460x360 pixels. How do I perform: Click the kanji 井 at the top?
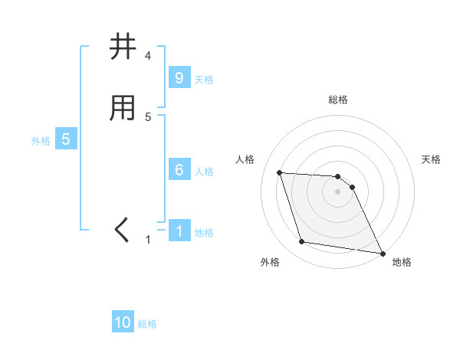point(123,47)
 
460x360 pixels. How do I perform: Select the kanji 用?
point(123,109)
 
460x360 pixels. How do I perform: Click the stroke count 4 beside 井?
point(148,56)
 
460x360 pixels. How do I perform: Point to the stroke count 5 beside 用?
point(148,117)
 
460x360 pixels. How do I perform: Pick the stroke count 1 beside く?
point(148,240)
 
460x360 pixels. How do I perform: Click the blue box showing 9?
point(179,77)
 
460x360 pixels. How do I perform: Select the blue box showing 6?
point(179,170)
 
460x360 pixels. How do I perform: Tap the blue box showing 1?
point(179,231)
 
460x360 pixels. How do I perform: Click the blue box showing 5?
point(66,139)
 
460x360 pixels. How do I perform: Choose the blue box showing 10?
point(123,322)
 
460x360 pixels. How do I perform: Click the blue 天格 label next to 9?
point(204,79)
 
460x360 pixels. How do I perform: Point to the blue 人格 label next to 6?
point(204,172)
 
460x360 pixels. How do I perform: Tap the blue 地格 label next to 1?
point(204,233)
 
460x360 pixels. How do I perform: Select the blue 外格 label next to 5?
point(40,141)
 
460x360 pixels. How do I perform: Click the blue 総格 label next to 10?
point(147,324)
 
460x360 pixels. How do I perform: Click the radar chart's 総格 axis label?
point(338,100)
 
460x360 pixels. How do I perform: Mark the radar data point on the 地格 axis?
point(382,253)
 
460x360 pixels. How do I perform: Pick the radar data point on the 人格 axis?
point(279,172)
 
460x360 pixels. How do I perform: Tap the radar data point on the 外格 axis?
point(302,243)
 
